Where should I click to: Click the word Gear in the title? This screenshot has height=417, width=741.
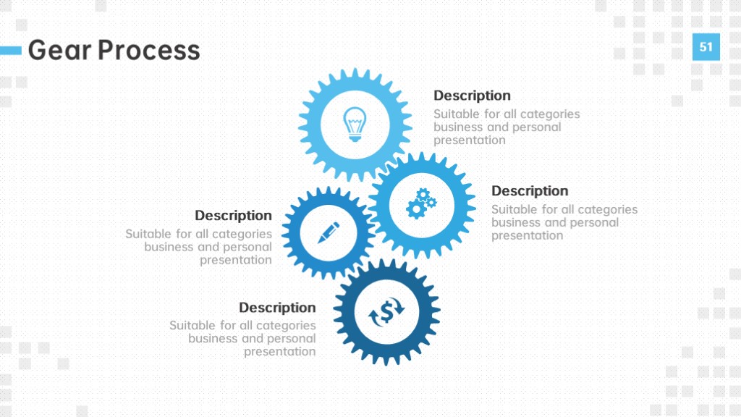pos(59,50)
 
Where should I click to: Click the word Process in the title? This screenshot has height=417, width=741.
pos(149,50)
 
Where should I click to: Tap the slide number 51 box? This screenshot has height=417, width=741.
pos(706,47)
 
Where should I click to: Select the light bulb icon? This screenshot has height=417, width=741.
pos(355,124)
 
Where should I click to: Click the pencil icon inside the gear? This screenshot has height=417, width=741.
pos(329,232)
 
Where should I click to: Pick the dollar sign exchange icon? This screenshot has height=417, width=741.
pos(386,312)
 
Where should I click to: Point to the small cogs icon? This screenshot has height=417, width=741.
pos(421,203)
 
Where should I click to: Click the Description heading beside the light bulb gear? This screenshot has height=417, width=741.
pos(472,96)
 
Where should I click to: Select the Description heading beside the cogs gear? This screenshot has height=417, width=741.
pos(530,191)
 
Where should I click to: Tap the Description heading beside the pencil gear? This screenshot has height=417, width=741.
pos(234,216)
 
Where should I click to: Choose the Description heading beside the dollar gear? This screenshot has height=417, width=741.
pos(277,308)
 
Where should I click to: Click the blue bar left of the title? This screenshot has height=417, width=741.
pos(11,50)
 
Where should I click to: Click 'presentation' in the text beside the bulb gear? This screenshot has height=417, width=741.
pos(469,140)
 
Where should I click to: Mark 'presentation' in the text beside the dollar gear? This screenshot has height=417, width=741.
pos(280,352)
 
